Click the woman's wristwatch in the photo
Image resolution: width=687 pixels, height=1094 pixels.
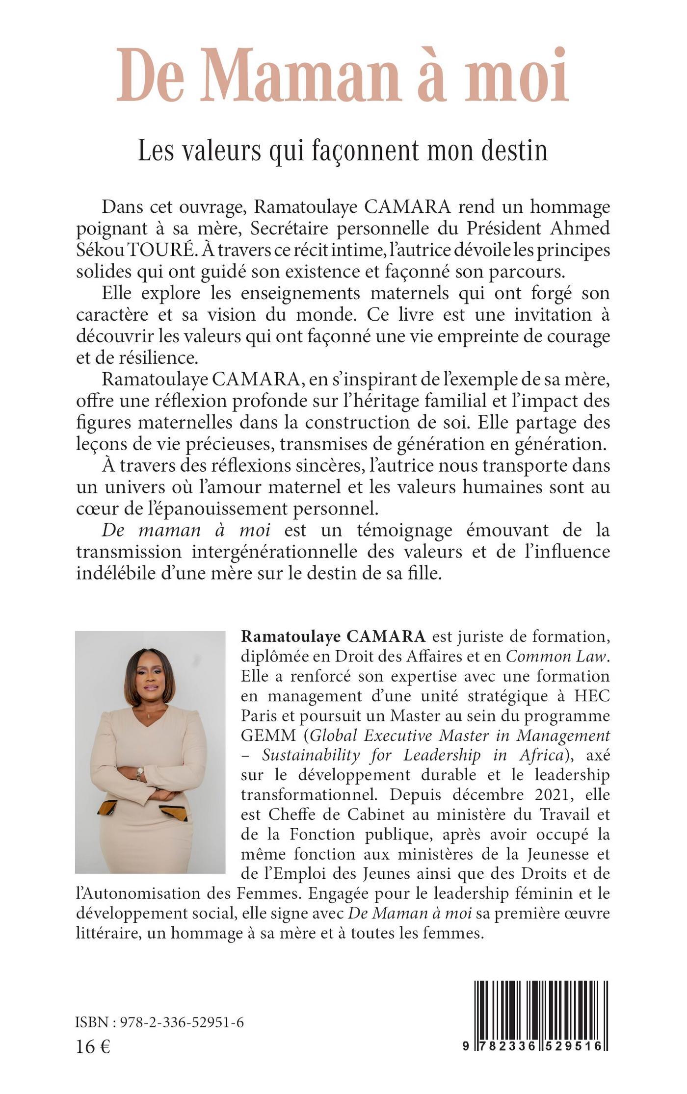click(x=140, y=774)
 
